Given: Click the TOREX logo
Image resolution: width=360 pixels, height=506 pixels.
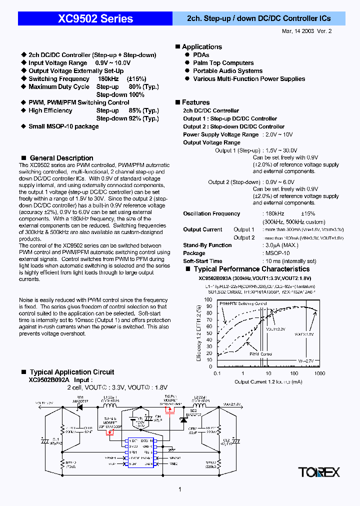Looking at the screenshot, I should pos(319,472).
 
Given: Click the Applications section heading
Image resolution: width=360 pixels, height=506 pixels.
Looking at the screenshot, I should pos(201,46).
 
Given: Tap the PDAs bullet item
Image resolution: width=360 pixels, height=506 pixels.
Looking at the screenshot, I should pos(201,55).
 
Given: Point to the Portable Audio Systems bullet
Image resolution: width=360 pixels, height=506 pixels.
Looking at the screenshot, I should pos(227,71).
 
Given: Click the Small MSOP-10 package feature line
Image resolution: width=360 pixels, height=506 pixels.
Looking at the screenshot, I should pos(63,126).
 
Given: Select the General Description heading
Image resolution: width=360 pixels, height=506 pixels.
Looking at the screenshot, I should pos(61,158).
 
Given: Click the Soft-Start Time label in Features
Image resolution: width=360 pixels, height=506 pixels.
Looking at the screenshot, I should pos(202,261).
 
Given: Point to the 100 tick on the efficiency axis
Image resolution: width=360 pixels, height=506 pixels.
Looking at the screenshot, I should pos(208,299).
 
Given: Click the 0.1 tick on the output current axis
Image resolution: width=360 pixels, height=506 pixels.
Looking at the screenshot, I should pos(217,373).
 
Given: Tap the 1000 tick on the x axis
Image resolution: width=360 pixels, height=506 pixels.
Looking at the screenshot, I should pos(319,373).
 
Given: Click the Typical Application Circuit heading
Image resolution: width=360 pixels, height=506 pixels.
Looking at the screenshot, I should pos(71,372).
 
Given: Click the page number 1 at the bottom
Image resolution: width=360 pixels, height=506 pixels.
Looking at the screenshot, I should pos(179,490).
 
